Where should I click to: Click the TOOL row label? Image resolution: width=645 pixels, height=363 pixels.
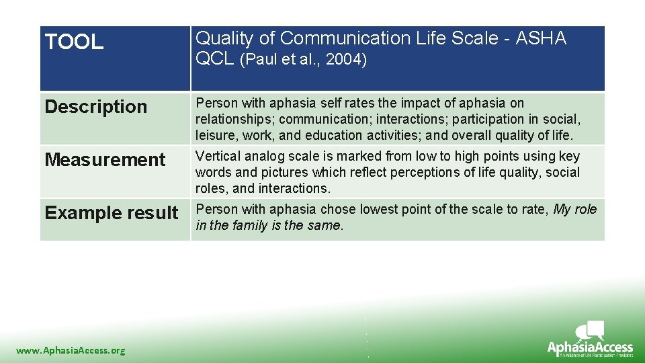click(x=74, y=43)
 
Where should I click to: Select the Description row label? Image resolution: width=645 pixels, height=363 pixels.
click(x=95, y=107)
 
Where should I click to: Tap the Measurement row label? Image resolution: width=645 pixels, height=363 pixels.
click(x=105, y=160)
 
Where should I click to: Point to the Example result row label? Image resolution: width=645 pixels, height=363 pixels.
click(x=112, y=213)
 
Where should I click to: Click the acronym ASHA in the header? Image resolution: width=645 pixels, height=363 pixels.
click(x=541, y=38)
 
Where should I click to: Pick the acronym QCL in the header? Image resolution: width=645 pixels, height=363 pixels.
click(x=214, y=59)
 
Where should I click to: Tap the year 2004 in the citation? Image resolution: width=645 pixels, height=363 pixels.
click(x=345, y=60)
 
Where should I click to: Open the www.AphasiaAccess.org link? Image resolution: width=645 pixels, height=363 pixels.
click(x=71, y=350)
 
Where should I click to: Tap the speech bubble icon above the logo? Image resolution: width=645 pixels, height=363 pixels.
click(x=591, y=330)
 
